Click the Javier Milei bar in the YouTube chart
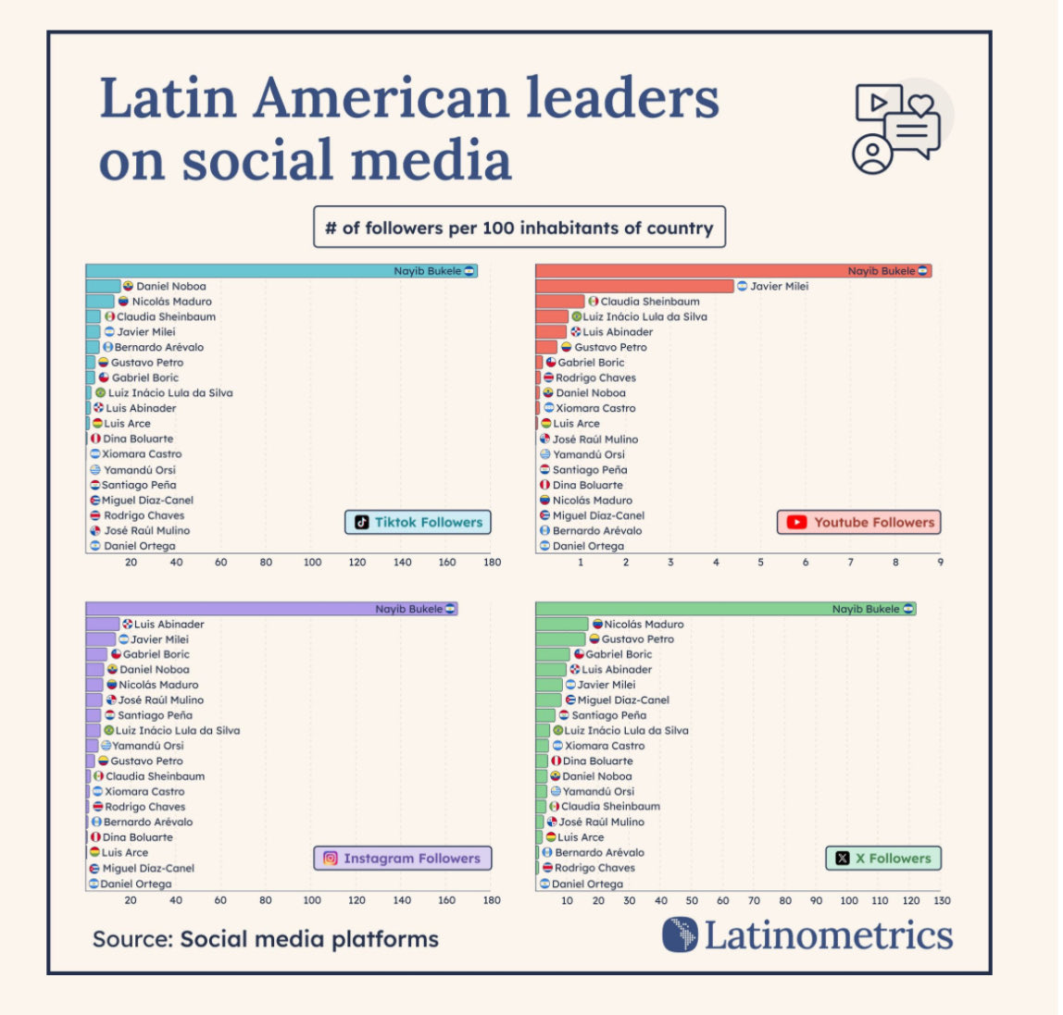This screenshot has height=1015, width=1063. [634, 286]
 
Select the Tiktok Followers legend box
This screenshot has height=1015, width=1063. [418, 522]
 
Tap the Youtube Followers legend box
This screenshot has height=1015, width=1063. [859, 522]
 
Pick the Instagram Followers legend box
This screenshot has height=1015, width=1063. [402, 859]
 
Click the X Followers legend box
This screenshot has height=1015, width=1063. [882, 859]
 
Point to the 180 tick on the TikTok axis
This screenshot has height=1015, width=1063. [492, 563]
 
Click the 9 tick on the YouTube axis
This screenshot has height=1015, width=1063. [940, 563]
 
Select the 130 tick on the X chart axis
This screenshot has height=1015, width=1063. [942, 900]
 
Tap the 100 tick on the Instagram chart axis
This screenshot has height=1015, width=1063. [312, 900]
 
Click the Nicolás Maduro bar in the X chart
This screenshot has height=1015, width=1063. [562, 625]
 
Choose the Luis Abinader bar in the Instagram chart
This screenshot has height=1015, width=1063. [103, 625]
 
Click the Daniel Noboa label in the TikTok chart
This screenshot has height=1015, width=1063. [170, 286]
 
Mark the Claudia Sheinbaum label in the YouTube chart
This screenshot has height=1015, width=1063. [649, 302]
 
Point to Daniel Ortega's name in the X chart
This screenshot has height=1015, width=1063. [587, 884]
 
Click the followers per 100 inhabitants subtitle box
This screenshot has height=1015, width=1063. [519, 228]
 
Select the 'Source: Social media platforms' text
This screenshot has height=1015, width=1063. [266, 939]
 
